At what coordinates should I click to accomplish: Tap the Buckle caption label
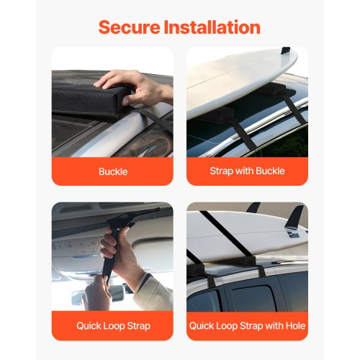[112, 171]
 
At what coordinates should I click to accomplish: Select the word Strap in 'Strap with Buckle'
[222, 171]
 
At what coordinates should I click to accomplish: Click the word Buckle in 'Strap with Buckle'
[269, 171]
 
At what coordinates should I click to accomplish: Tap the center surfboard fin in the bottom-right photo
[253, 209]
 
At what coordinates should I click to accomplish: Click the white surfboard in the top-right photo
[238, 79]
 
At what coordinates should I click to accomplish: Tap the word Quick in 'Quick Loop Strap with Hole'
[203, 325]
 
